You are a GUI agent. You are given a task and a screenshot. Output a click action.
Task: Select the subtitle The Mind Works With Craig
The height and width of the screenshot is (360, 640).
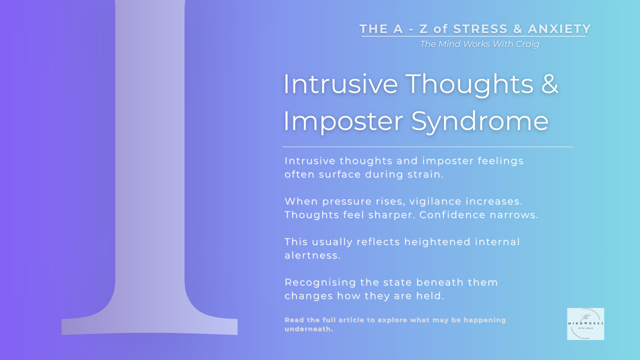pyautogui.click(x=479, y=44)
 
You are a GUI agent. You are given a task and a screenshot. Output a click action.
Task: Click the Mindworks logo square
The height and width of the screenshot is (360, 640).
pyautogui.click(x=585, y=324)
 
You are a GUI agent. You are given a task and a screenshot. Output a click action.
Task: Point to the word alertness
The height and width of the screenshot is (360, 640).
pyautogui.click(x=312, y=255)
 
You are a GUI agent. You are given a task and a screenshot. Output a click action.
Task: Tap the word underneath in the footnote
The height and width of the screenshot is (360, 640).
pyautogui.click(x=308, y=329)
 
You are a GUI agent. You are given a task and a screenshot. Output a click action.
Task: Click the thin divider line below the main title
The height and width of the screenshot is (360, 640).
pyautogui.click(x=427, y=147)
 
